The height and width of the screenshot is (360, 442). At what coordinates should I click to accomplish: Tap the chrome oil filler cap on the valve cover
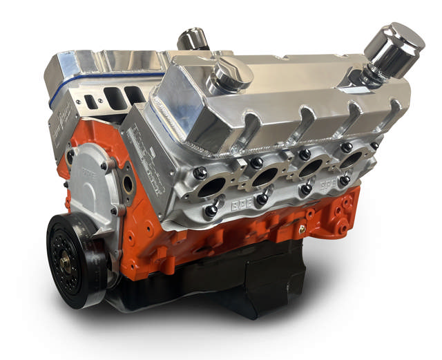pos(231,73)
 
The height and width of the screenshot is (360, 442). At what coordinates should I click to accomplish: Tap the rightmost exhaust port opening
pos(353,160)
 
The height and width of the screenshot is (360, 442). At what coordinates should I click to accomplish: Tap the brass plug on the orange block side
pos(302,227)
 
